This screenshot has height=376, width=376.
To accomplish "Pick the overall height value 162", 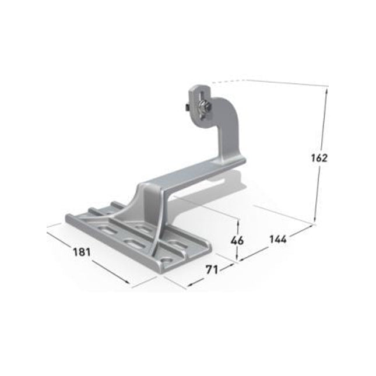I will click(x=319, y=157).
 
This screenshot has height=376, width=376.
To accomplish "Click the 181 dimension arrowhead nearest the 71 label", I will click(x=129, y=283).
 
